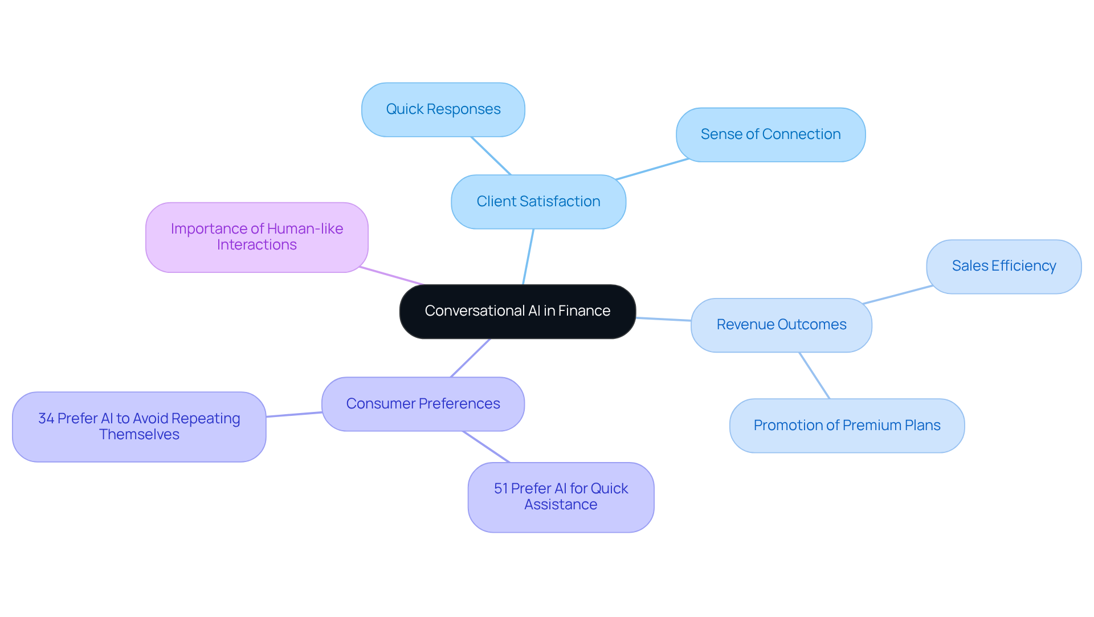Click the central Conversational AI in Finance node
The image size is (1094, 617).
[517, 311]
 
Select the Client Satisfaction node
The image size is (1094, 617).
[538, 202]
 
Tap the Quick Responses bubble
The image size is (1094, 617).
[443, 109]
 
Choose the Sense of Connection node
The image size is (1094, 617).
[770, 134]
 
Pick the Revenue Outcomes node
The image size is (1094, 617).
[781, 325]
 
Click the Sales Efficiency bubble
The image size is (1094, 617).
[1003, 266]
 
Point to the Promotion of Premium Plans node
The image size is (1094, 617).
[847, 426]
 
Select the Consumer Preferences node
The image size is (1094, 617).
[423, 404]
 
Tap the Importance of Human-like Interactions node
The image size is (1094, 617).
[256, 237]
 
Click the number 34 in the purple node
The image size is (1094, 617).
[46, 419]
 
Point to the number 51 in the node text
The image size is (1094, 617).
[500, 489]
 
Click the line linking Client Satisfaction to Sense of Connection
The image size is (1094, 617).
[652, 169]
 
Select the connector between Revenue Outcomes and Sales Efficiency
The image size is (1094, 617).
[897, 295]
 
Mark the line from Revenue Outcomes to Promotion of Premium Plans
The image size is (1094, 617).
[814, 375]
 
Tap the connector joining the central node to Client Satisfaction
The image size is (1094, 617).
[528, 256]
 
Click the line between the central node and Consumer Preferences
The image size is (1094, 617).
[471, 358]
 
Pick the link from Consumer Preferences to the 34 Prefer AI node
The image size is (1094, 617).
[294, 415]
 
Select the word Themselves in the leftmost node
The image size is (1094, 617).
[139, 435]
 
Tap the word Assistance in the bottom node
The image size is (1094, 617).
[561, 505]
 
